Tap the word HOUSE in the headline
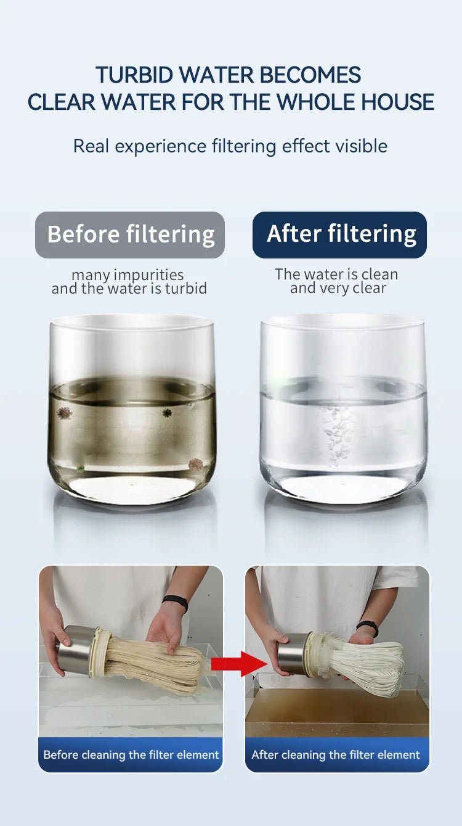[x=397, y=102]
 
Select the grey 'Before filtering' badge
[x=130, y=234]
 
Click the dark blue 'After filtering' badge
[x=339, y=234]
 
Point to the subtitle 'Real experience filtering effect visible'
[x=230, y=146]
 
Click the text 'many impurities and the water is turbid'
[x=129, y=281]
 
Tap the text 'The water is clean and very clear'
[x=337, y=281]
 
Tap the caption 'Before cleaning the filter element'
[x=131, y=754]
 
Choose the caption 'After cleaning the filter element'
[x=336, y=754]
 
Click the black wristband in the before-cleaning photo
[x=176, y=603]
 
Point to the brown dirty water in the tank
[x=337, y=712]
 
